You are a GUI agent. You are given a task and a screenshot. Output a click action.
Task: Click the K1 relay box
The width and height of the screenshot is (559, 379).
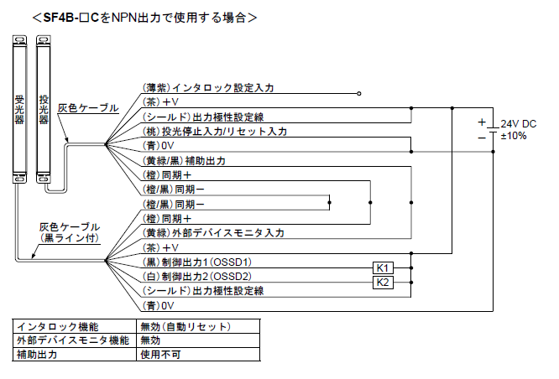382,267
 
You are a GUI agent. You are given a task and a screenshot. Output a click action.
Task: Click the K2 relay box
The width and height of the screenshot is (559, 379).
382,283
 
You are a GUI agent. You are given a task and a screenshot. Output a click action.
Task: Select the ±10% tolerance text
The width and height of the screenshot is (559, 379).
514,136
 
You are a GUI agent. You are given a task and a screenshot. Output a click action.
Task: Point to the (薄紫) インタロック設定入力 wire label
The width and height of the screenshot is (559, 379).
207,87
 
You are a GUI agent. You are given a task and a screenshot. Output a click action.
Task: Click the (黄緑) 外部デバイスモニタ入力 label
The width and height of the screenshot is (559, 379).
213,232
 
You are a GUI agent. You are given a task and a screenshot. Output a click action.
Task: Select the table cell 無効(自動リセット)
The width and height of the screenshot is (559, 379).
185,327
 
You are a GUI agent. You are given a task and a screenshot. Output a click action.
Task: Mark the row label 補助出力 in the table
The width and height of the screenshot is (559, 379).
35,354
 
